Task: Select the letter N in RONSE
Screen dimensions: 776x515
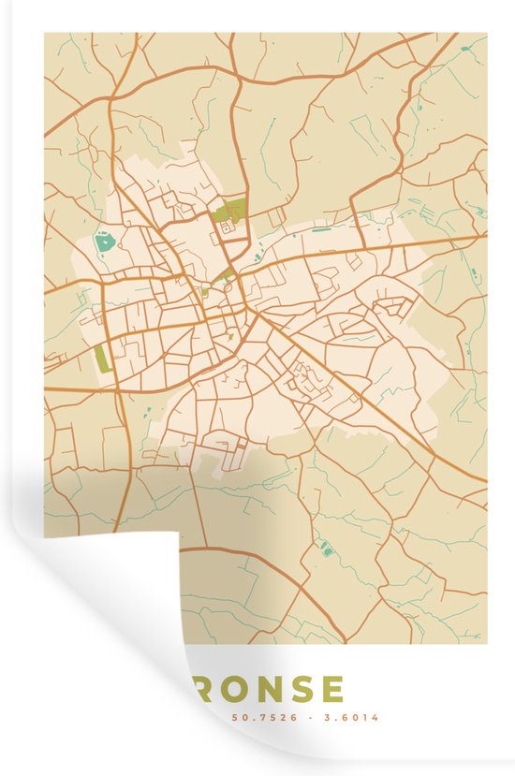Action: click(x=270, y=689)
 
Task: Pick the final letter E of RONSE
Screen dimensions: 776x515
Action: click(x=332, y=689)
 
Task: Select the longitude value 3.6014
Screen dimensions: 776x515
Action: click(x=357, y=718)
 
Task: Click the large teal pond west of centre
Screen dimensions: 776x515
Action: click(x=104, y=243)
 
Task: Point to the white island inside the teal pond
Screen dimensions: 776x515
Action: click(x=104, y=242)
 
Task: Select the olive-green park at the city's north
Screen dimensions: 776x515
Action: click(x=228, y=211)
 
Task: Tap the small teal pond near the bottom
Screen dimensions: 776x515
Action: click(x=326, y=548)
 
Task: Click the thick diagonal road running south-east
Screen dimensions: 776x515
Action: click(x=393, y=412)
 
